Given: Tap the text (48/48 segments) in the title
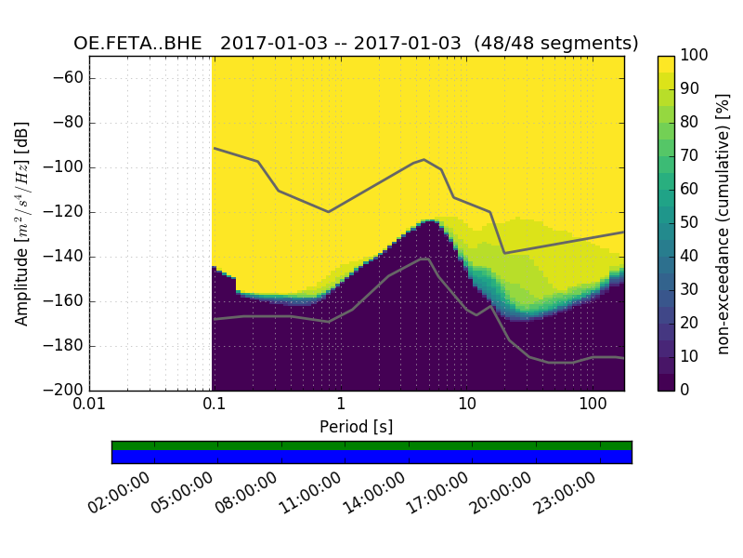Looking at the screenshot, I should coord(556,44).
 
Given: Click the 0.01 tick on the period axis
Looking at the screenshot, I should coord(89,405).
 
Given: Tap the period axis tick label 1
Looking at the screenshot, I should coord(340,405).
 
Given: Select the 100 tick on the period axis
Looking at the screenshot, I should coord(592,405).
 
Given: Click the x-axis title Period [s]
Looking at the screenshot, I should coord(356,427).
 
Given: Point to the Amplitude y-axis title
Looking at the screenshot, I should coord(22,223).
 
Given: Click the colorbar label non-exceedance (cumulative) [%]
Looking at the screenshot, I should coord(723,223).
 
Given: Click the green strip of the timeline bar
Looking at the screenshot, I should coord(371,445).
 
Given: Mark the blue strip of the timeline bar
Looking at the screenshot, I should coord(371,457).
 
